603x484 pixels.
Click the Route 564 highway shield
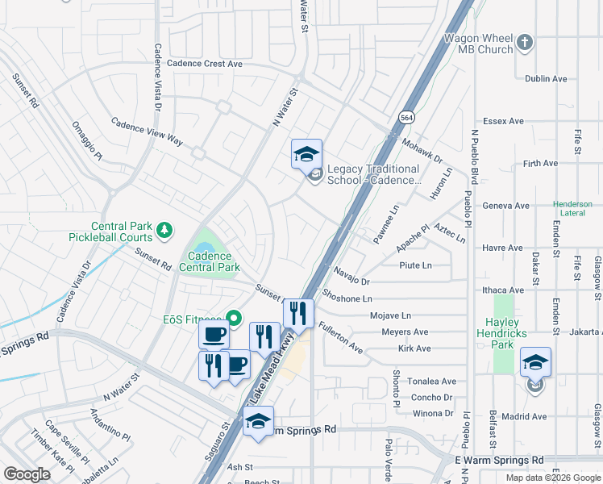405,117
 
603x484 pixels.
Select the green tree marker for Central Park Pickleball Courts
164,232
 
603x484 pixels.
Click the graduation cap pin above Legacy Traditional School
306,153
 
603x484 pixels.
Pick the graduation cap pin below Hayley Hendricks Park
535,363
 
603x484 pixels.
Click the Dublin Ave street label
546,79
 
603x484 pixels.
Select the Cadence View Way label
147,133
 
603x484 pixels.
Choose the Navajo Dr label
351,282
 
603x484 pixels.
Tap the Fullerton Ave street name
340,337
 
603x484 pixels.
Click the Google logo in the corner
27,474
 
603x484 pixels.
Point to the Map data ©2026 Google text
553,478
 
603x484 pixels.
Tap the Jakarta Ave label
583,332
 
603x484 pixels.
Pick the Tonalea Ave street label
433,382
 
